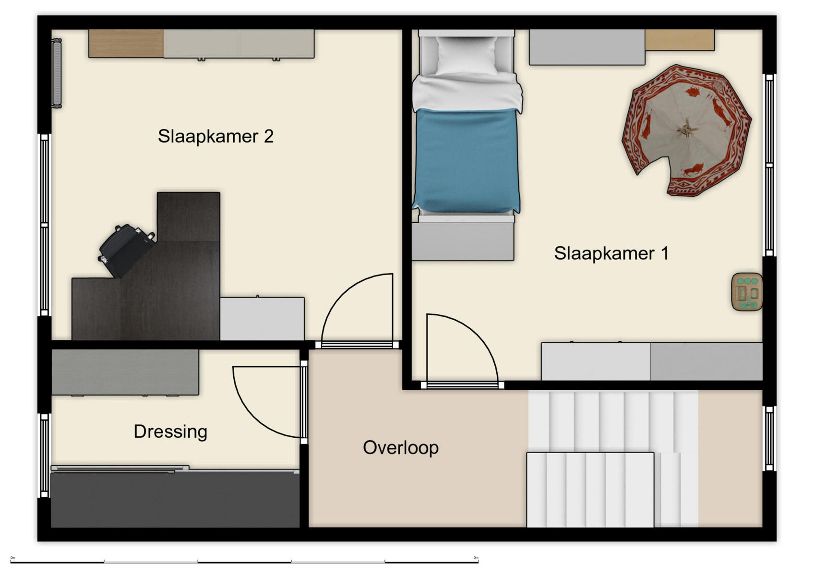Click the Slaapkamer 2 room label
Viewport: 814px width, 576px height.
(x=215, y=136)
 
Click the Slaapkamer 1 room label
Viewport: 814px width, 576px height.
(x=611, y=253)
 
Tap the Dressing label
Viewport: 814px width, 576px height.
(x=170, y=432)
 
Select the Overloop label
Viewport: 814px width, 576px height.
(x=401, y=448)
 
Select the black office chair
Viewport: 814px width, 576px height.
(x=126, y=250)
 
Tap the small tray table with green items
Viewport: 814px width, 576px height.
(x=747, y=292)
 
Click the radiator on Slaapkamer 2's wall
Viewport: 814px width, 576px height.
(x=57, y=73)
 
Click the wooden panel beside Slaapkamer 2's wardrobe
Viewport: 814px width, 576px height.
(x=126, y=44)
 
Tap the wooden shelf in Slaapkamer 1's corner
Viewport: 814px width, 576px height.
(x=680, y=40)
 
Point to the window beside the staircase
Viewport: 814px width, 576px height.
(x=769, y=438)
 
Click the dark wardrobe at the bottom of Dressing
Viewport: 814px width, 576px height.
(x=175, y=500)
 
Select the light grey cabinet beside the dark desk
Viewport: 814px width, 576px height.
(x=262, y=319)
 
